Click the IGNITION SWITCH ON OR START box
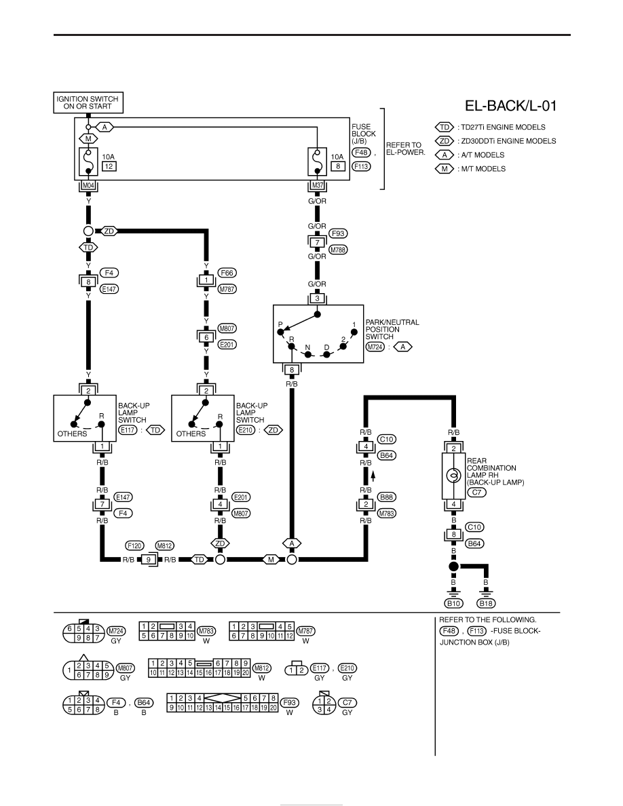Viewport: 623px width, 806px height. (x=88, y=102)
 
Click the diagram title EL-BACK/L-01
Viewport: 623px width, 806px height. (x=510, y=106)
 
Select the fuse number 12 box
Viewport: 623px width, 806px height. (x=109, y=166)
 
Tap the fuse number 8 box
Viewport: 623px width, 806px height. (x=338, y=166)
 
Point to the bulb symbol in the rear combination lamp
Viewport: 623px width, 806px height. (x=453, y=476)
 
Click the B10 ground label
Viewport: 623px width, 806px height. (x=453, y=603)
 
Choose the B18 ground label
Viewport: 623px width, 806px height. (x=486, y=603)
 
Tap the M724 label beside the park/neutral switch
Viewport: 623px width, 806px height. (x=375, y=347)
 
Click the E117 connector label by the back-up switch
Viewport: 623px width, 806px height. (x=128, y=430)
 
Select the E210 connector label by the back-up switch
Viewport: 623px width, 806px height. (x=246, y=430)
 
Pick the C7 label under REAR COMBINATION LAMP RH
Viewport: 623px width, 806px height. (x=476, y=493)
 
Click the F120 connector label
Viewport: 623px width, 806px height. (x=134, y=546)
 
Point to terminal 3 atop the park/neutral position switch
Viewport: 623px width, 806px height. (x=317, y=298)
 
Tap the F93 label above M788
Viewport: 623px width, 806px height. (x=338, y=233)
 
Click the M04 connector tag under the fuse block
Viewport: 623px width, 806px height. (x=88, y=185)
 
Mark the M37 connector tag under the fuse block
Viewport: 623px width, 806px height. (x=318, y=185)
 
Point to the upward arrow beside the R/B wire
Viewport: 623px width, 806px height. (x=373, y=476)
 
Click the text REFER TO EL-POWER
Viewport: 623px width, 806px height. (x=406, y=149)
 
